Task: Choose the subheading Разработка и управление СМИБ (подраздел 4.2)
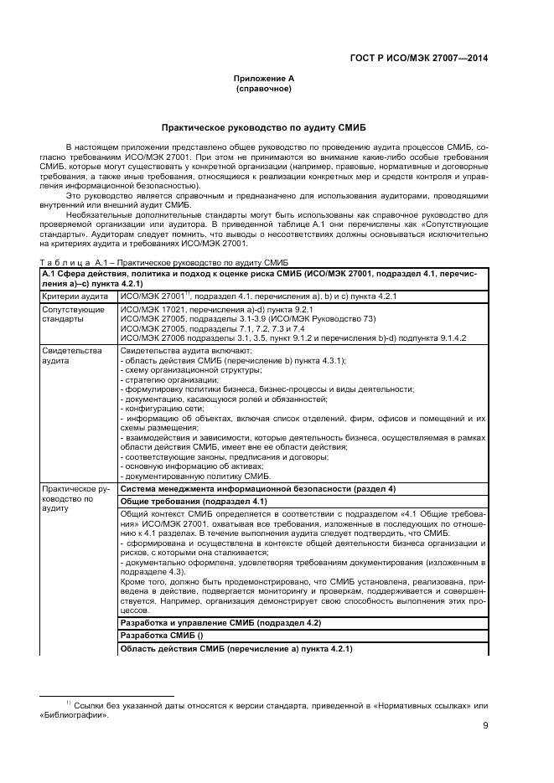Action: tap(220, 624)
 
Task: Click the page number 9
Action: tap(485, 727)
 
